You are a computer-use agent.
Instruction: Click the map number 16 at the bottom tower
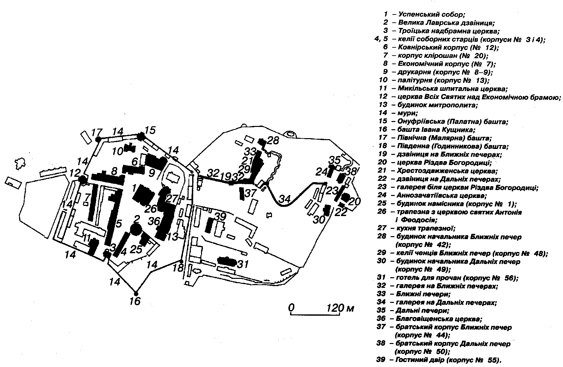tap(135, 301)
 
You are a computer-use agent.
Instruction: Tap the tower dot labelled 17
tap(98, 139)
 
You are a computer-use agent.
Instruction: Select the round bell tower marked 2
tap(136, 229)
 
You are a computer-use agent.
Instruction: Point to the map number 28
tap(273, 140)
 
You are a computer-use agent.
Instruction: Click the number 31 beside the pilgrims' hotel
tap(243, 264)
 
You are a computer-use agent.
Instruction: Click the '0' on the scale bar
tap(291, 308)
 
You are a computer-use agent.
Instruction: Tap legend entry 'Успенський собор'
tap(432, 14)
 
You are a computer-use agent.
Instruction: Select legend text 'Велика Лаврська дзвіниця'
tap(446, 23)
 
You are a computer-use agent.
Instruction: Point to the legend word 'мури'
tap(407, 113)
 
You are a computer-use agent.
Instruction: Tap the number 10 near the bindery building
tap(117, 151)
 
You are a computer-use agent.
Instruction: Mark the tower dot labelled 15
tap(141, 136)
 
